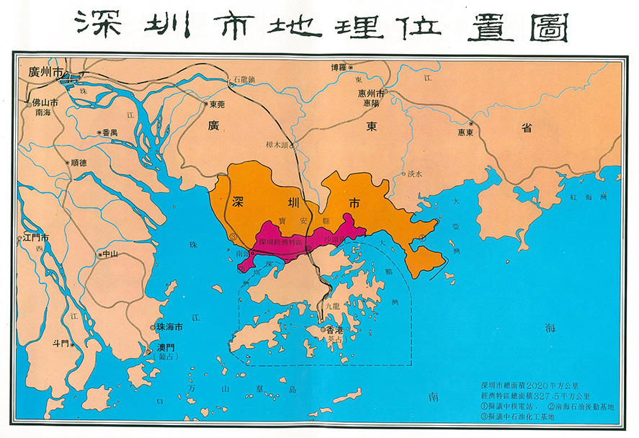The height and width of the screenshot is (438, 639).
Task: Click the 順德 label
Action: (x=79, y=163)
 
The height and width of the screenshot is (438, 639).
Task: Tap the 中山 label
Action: (x=110, y=254)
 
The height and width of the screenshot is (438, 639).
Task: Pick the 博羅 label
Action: (x=339, y=68)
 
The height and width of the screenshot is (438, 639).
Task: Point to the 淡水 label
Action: (x=416, y=174)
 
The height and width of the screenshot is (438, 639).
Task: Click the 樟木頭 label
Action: (x=277, y=143)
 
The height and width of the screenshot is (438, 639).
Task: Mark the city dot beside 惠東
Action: (x=471, y=123)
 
